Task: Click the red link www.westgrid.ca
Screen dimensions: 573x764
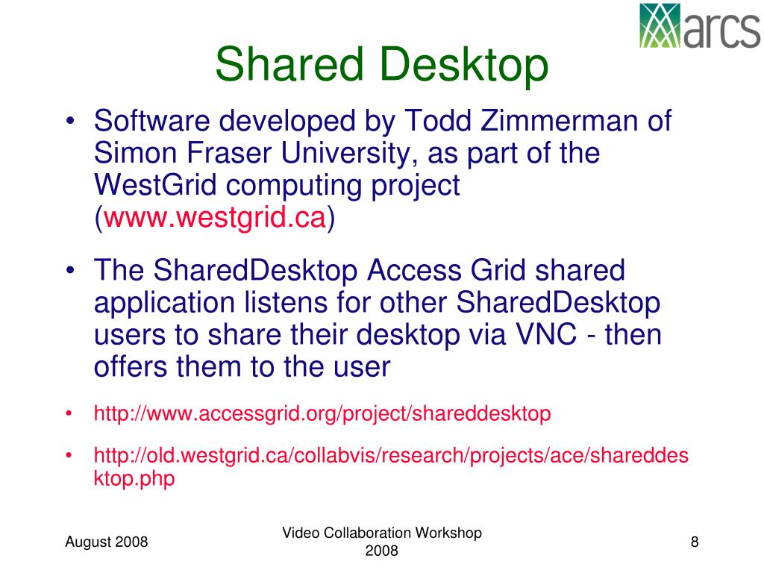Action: tap(216, 218)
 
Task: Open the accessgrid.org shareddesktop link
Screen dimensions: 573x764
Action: tap(322, 413)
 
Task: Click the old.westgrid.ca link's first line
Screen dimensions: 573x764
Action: tap(391, 455)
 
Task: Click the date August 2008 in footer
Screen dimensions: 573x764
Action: tap(107, 542)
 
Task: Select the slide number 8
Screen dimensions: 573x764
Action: tap(695, 542)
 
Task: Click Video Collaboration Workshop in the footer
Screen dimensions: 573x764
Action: tap(382, 533)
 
